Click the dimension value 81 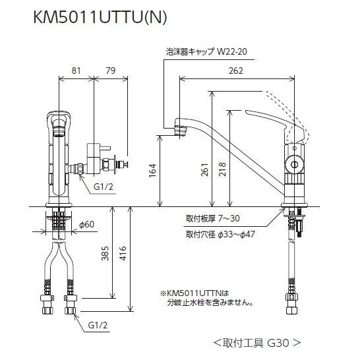coord(76,70)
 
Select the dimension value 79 coord(110,70)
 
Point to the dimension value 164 coord(153,171)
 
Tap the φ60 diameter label coord(85,225)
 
